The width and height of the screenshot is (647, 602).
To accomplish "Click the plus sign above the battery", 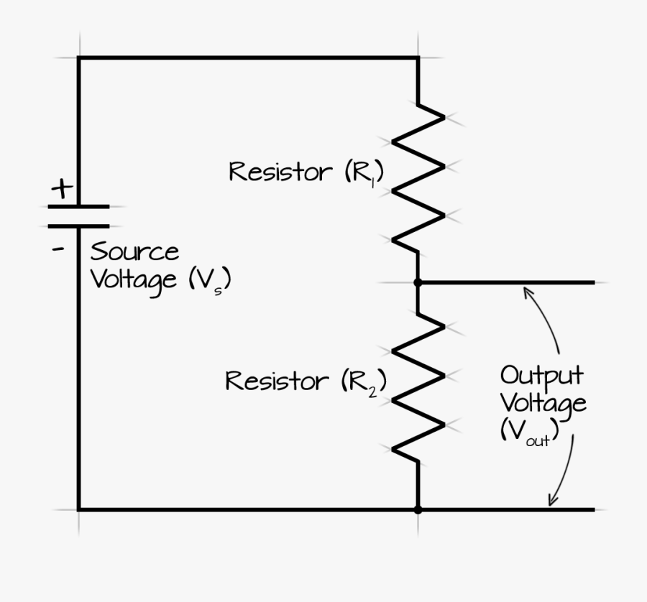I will pos(62,189).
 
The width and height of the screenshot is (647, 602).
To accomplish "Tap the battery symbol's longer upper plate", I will pos(78,207).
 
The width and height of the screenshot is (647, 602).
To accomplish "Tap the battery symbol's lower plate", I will pos(78,226).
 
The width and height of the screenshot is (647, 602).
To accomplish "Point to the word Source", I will pos(134,252).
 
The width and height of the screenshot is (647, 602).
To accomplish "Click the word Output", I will pos(541,376).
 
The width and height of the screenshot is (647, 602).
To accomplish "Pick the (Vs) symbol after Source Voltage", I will pos(210,280).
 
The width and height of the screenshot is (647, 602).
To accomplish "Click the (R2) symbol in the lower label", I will pos(364,382).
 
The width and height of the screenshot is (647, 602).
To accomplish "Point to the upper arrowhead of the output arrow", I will pos(528,290).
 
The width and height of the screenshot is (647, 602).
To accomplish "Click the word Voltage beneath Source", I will pos(134,280).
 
